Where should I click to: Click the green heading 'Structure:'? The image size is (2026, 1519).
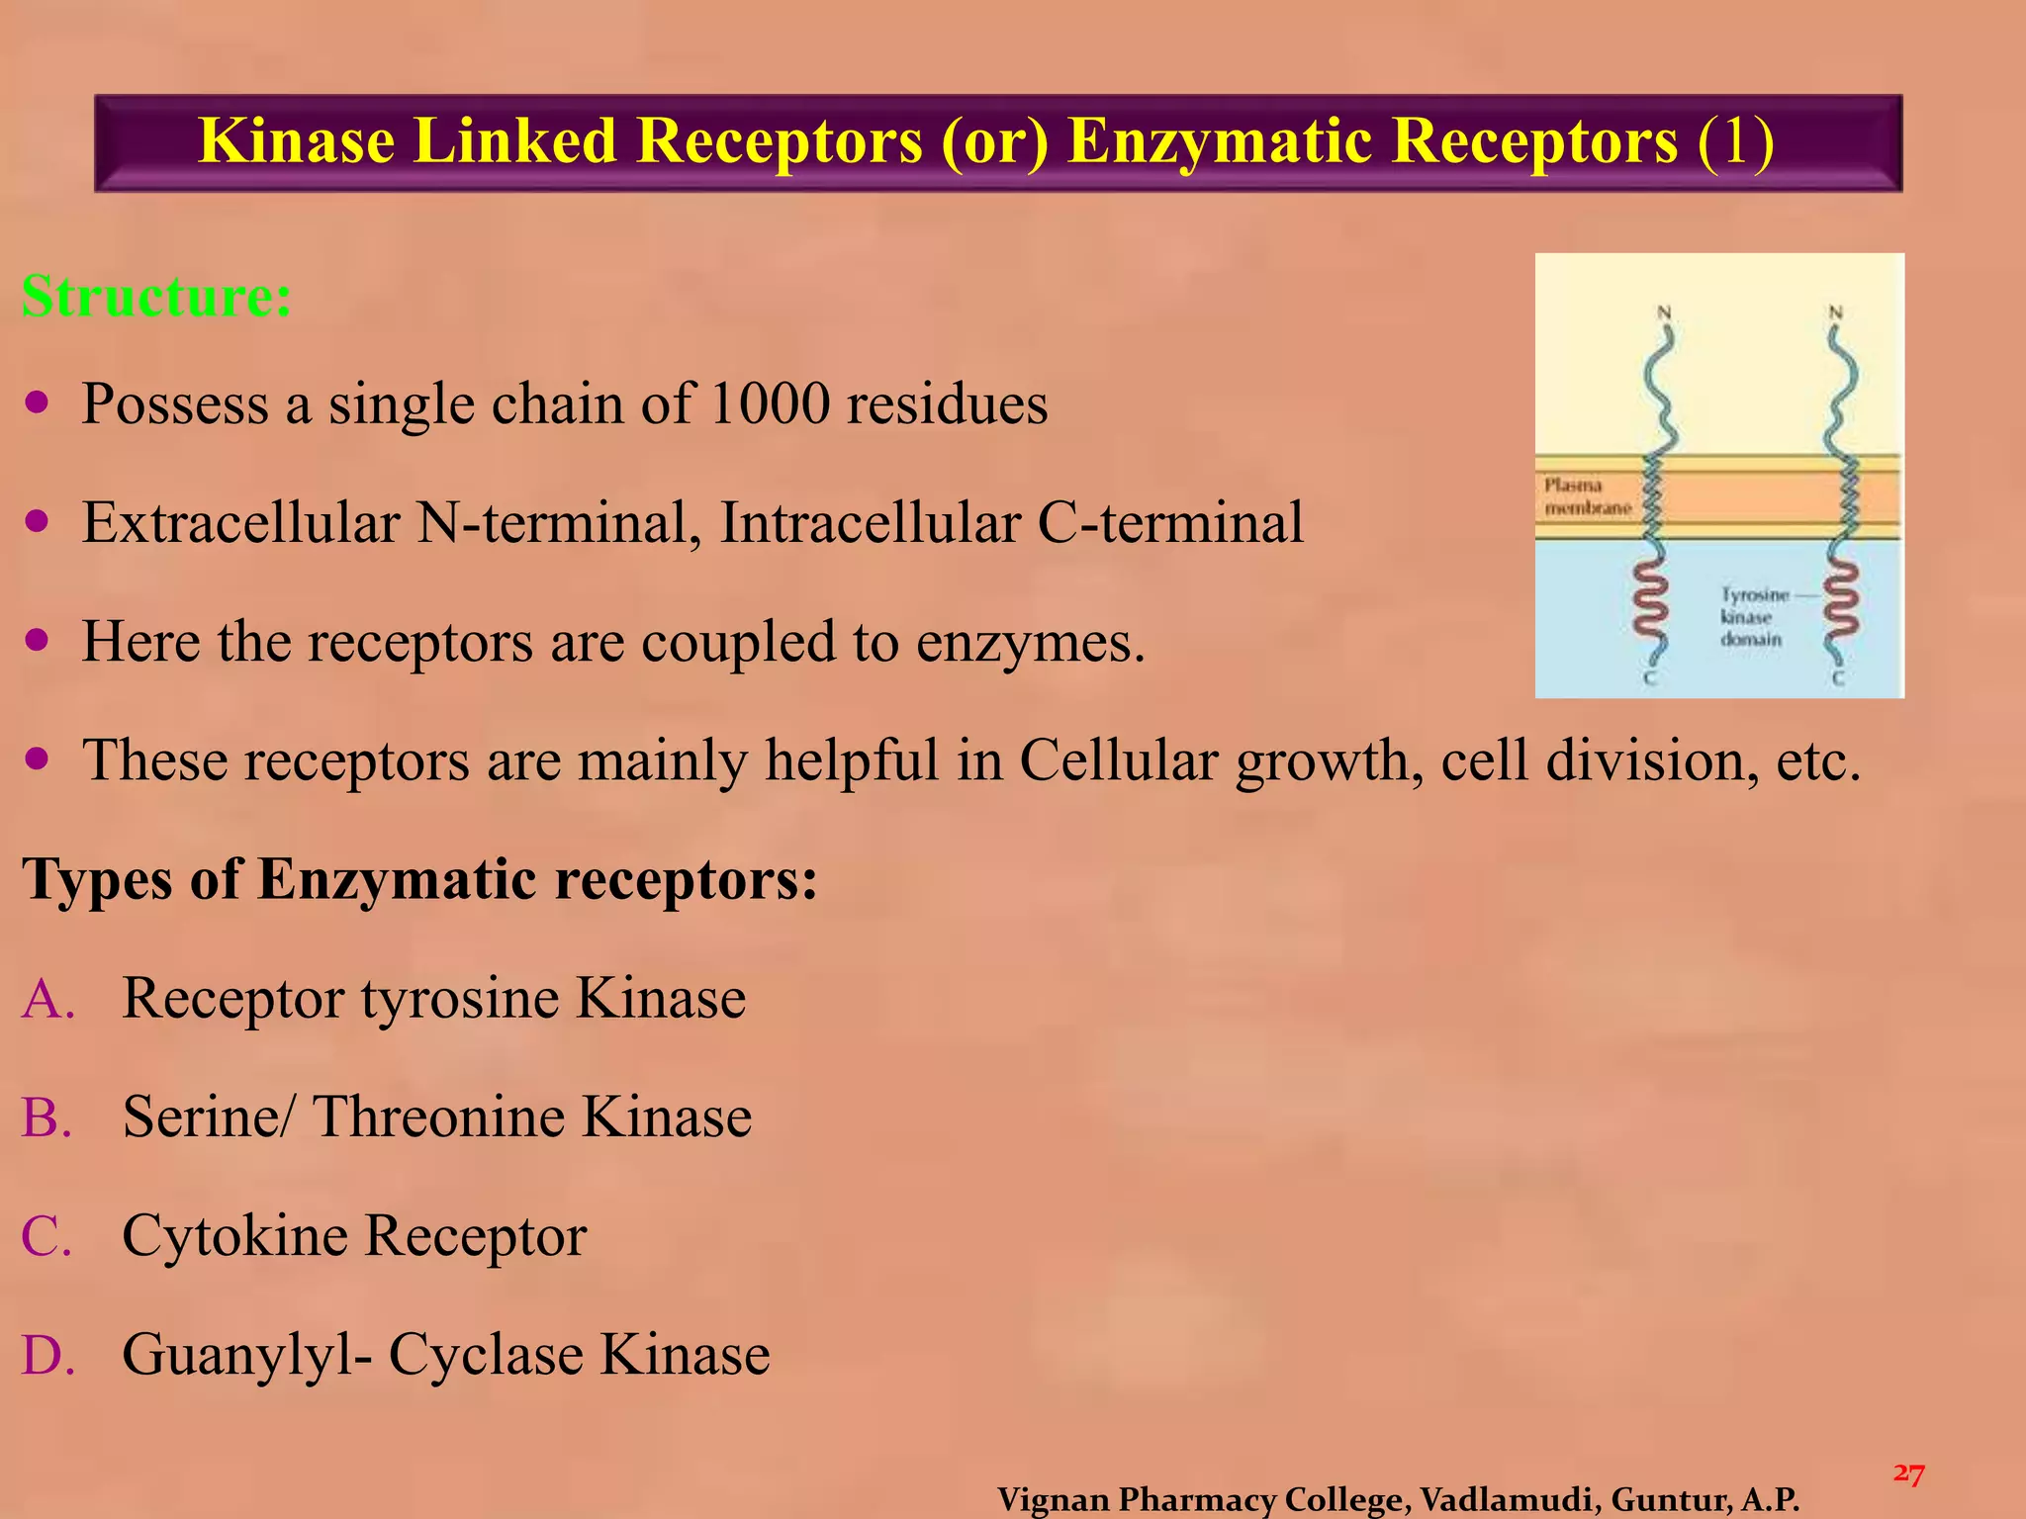point(156,296)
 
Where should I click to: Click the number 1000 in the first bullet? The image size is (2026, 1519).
point(769,403)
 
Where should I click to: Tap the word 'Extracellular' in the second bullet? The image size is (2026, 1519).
point(240,522)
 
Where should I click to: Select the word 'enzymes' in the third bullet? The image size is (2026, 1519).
point(1029,643)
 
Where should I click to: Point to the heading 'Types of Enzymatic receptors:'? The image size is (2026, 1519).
point(419,878)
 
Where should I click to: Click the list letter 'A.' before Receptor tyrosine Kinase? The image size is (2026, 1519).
point(48,998)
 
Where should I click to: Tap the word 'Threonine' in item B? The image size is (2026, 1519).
point(437,1117)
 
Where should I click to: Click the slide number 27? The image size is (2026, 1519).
point(1908,1474)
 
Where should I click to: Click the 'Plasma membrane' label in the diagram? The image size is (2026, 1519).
point(1587,496)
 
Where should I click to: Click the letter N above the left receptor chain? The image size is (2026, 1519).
point(1664,313)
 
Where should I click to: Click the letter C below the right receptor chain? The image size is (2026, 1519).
point(1837,678)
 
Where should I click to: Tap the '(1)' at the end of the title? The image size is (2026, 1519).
point(1735,140)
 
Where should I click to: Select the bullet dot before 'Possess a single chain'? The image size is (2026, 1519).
point(38,403)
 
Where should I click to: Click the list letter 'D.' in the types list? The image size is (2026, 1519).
point(48,1354)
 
